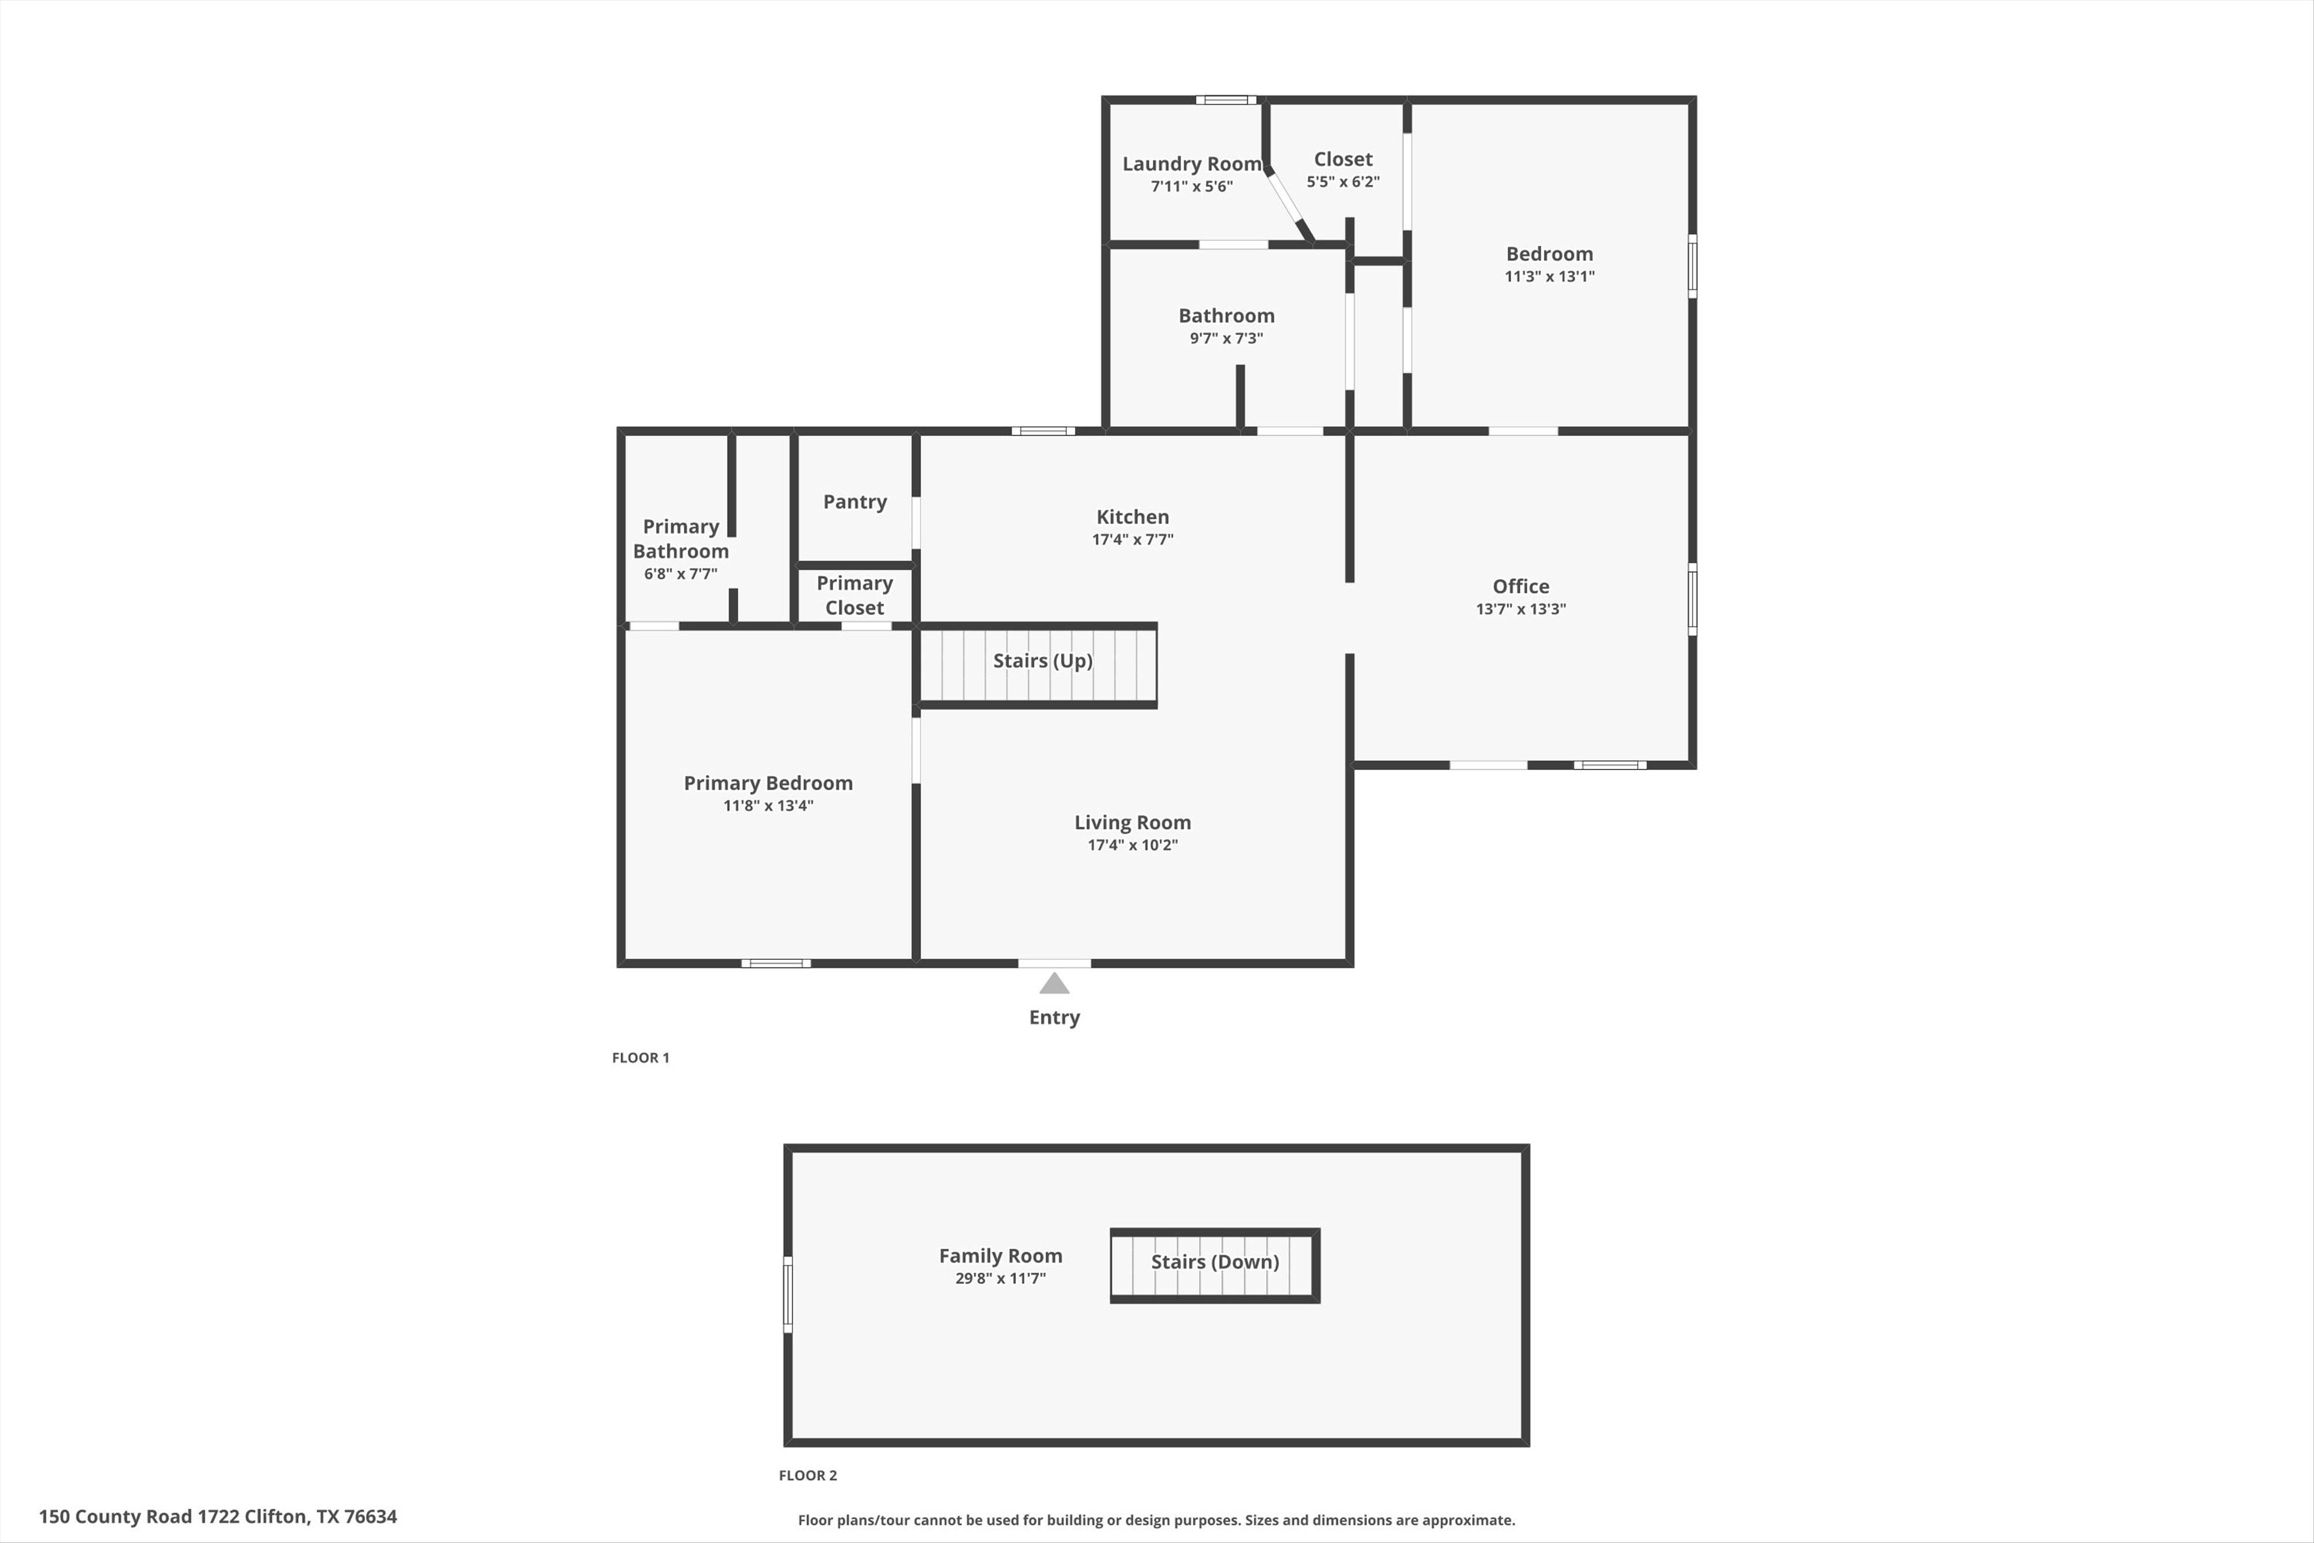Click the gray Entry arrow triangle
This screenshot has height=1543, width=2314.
point(1053,983)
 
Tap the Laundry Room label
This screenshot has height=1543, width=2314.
point(1192,163)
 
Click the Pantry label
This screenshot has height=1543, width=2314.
point(854,502)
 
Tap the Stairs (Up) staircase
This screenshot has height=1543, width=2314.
point(1041,661)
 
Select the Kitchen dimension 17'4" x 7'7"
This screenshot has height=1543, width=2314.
point(1132,539)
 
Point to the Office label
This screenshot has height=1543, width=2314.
point(1520,587)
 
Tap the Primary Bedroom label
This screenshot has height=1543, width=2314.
point(768,783)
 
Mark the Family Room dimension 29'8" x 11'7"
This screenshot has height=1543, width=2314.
point(1000,1278)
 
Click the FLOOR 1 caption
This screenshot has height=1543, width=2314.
point(640,1058)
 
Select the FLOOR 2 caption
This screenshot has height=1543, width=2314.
point(808,1475)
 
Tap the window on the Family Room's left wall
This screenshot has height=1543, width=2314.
point(787,1294)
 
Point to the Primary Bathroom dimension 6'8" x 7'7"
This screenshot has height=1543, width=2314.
point(680,574)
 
